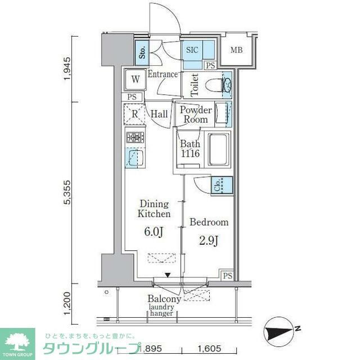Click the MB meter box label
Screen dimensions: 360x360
[237, 50]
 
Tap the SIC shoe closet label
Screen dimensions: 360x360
[192, 49]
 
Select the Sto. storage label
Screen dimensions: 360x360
[142, 52]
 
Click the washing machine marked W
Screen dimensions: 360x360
[135, 80]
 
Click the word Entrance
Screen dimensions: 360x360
[163, 74]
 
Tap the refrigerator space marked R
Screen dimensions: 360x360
[134, 114]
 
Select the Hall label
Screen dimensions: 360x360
[159, 114]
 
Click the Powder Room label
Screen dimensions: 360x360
[195, 115]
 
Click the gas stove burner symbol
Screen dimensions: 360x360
[134, 137]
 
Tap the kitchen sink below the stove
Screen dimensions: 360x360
[134, 157]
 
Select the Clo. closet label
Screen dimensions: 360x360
[217, 186]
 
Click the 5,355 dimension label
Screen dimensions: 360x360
[67, 193]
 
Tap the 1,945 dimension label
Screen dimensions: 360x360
[67, 69]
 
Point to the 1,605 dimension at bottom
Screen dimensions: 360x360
[210, 349]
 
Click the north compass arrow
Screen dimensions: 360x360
[280, 332]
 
